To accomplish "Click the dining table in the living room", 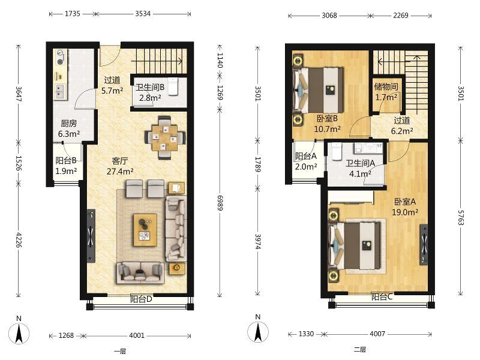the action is pos(165,137).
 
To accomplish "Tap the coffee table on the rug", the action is pos(145,230).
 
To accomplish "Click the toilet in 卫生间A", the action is pos(337,151).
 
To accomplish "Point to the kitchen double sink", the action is pos(60,92).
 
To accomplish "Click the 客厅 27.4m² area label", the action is pos(119,166).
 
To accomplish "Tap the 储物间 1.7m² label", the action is pos(386,92).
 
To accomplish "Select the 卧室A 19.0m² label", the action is pos(405,207).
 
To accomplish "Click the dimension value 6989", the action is pos(220,203).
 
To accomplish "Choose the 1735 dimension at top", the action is pos(72,14).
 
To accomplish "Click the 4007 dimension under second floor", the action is pos(377,334).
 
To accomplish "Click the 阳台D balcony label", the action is pos(141,299).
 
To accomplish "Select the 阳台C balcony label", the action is pos(382,296).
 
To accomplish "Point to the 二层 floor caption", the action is pos(360,350).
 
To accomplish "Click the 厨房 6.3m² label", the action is pos(69,128).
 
